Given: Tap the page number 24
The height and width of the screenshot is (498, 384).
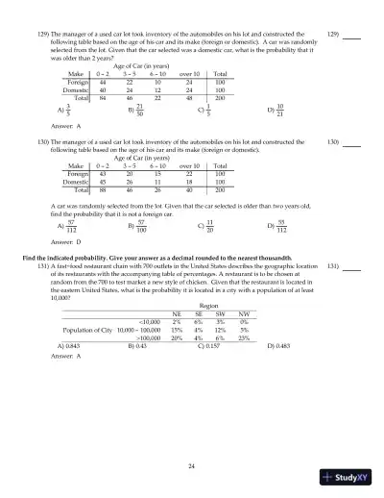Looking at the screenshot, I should (x=192, y=465).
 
